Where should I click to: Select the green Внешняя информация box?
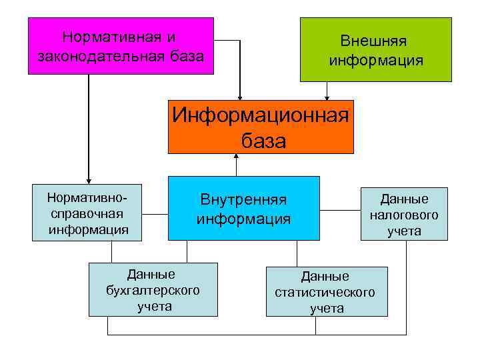[375, 50]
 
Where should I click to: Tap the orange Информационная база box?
[261, 127]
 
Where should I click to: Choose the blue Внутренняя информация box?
[243, 208]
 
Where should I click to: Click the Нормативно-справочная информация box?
[88, 213]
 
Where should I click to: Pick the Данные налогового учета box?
[404, 214]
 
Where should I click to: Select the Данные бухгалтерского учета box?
[153, 289]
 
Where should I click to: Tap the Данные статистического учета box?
[326, 291]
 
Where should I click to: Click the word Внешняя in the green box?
[373, 41]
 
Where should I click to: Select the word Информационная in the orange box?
[261, 115]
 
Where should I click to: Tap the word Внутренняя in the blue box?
[243, 199]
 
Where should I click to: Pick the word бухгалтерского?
[153, 290]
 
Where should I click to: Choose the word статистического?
[325, 292]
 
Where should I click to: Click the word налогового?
[404, 215]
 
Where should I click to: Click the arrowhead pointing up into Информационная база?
[236, 157]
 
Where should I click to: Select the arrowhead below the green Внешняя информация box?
[327, 98]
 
